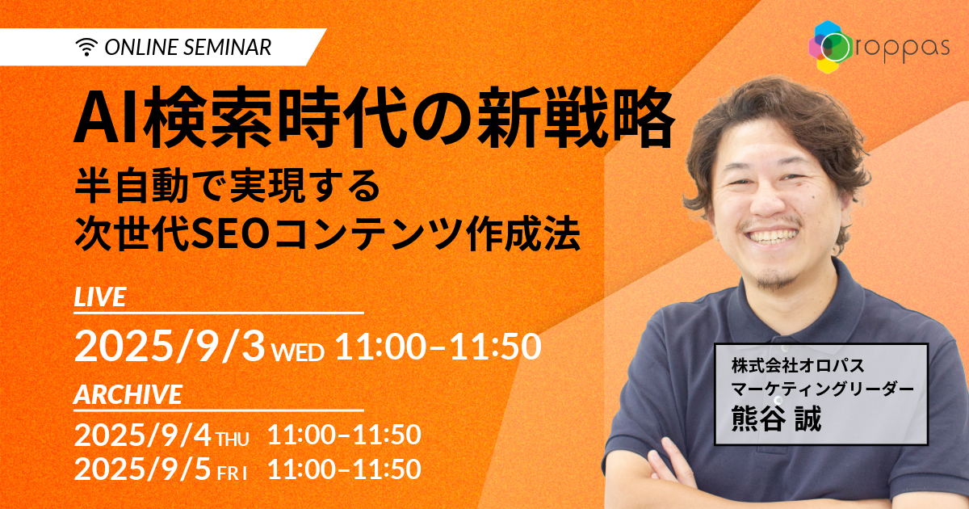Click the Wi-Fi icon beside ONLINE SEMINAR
pyautogui.click(x=86, y=47)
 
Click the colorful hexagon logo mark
pyautogui.click(x=830, y=47)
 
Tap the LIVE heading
pyautogui.click(x=100, y=297)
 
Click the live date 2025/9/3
pyautogui.click(x=169, y=347)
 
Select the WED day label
pyautogui.click(x=299, y=352)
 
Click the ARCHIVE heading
pyautogui.click(x=128, y=395)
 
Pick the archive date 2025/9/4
pyautogui.click(x=143, y=435)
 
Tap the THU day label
pyautogui.click(x=233, y=440)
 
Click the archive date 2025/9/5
pyautogui.click(x=143, y=469)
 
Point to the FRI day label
pyautogui.click(x=233, y=474)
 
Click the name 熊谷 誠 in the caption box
pyautogui.click(x=777, y=419)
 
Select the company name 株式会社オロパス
pyautogui.click(x=798, y=366)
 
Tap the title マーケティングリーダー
pyautogui.click(x=822, y=389)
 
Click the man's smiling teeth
pyautogui.click(x=773, y=237)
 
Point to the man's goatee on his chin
pyautogui.click(x=778, y=280)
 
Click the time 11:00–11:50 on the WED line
pyautogui.click(x=438, y=347)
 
